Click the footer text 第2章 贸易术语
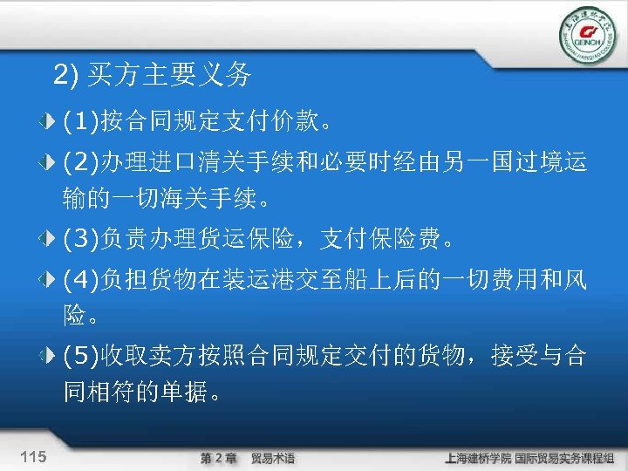(247, 458)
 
